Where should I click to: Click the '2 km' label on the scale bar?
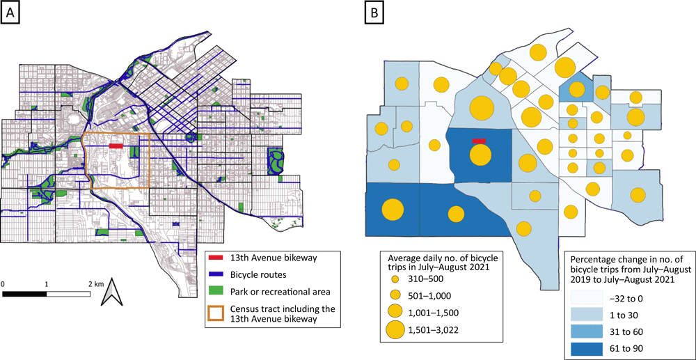pyautogui.click(x=95, y=285)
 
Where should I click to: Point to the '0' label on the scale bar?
pyautogui.click(x=3, y=285)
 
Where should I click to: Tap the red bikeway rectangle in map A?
pyautogui.click(x=116, y=146)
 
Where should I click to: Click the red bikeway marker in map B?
pyautogui.click(x=478, y=141)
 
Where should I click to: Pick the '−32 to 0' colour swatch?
pyautogui.click(x=587, y=296)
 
